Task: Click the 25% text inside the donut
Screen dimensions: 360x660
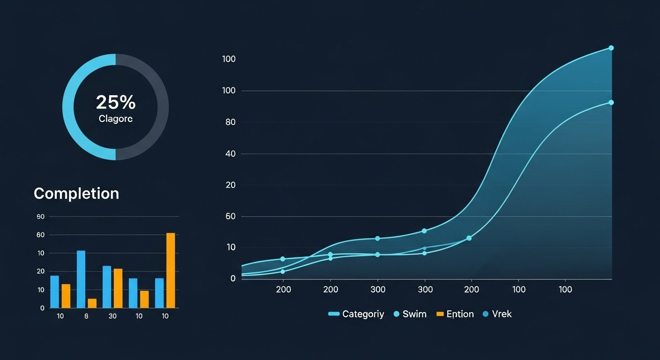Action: point(115,102)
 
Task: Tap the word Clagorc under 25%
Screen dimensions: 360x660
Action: point(115,119)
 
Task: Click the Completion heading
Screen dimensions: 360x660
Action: point(76,194)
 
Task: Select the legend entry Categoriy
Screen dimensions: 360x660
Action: point(357,314)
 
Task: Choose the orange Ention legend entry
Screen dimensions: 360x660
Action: point(455,314)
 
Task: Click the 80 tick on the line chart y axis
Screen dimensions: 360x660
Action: point(230,122)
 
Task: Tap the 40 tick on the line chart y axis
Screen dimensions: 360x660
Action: point(230,154)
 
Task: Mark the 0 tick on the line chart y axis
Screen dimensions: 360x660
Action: point(232,278)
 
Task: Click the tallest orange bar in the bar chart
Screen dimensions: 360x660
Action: point(171,270)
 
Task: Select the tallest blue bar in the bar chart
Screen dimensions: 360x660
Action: point(81,279)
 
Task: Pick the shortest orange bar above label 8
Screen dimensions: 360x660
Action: point(92,303)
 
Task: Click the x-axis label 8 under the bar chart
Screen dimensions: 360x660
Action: point(86,316)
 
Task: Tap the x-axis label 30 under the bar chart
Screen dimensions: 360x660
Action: point(112,316)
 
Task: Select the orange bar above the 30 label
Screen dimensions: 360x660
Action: point(118,288)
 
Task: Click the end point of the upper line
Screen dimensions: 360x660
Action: point(611,48)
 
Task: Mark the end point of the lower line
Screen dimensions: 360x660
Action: point(611,103)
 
